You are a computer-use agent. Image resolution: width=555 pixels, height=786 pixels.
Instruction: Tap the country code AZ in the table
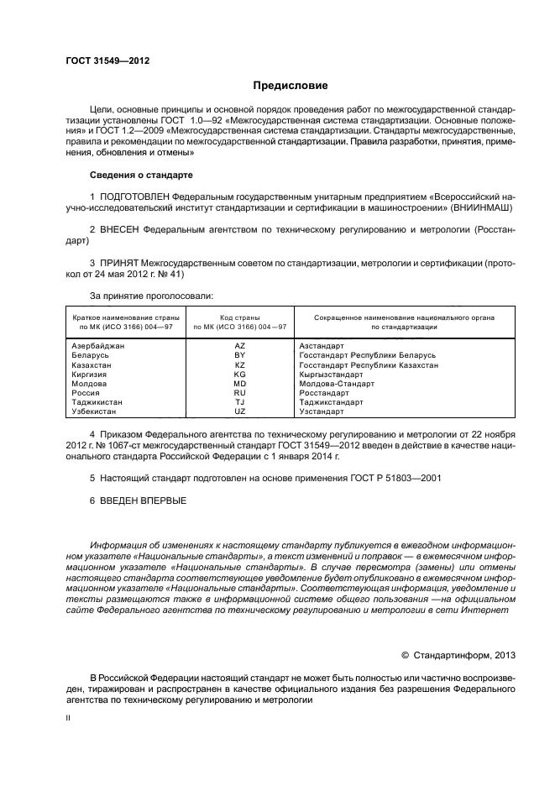[x=239, y=346]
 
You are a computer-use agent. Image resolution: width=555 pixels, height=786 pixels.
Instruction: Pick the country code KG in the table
[x=239, y=375]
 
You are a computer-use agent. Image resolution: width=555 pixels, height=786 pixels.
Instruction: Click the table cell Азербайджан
[x=98, y=346]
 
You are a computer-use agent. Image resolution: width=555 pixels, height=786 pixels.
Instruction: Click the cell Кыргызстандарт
[x=331, y=375]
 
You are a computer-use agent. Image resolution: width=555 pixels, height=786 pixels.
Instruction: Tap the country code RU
[x=239, y=393]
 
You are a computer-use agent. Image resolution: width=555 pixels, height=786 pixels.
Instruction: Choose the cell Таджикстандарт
[x=332, y=403]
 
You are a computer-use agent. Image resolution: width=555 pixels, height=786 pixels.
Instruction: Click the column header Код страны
[x=240, y=318]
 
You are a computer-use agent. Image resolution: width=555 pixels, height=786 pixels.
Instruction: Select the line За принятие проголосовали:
[x=151, y=295]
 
